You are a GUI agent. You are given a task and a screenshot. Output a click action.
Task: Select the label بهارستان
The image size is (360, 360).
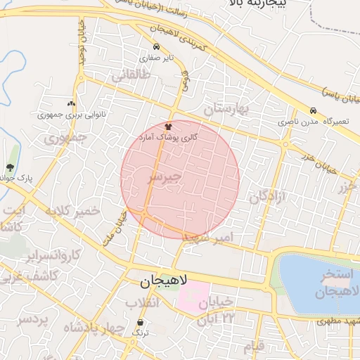(227, 109)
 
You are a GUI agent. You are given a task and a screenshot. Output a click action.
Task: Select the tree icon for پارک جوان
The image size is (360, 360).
(10, 167)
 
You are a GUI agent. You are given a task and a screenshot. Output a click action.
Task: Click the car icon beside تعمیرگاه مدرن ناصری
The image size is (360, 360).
(312, 110)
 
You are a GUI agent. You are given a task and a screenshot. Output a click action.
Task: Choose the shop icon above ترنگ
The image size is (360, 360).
(141, 323)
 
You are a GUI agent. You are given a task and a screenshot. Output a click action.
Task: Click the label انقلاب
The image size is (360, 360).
(143, 302)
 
